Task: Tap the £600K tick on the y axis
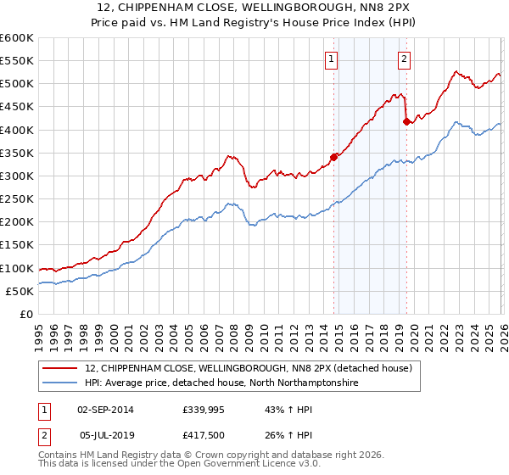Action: tap(17, 38)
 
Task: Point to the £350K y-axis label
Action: tap(17, 154)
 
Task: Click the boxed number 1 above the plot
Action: tap(331, 59)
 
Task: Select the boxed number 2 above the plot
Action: tap(404, 59)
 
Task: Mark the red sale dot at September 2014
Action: tap(333, 157)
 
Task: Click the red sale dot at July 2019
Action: tap(406, 121)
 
